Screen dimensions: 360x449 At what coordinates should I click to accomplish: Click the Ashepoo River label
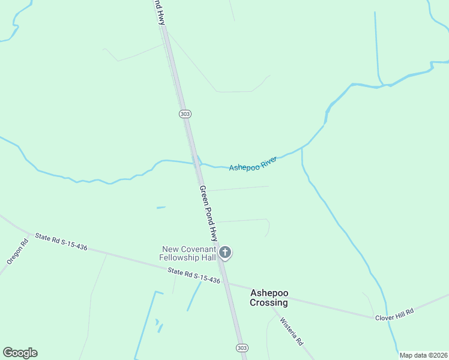pos(253,163)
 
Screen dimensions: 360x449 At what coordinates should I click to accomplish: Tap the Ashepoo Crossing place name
pos(269,298)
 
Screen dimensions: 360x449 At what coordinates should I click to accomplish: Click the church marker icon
pos(225,253)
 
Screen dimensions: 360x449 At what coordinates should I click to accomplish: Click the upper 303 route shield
pos(184,113)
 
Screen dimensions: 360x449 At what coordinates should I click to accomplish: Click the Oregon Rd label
pos(17,253)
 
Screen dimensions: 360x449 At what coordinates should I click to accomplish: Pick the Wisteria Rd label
pos(292,331)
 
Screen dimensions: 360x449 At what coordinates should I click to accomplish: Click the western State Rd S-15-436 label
pos(61,242)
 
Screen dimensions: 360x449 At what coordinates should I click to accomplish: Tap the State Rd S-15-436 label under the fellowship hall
pos(194,276)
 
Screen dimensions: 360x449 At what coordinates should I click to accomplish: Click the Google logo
pos(20,353)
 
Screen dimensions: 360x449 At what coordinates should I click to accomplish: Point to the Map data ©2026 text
pos(423,355)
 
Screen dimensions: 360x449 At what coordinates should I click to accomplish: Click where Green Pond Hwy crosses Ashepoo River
pos(197,162)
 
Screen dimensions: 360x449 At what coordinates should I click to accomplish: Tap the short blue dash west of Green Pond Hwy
pos(161,208)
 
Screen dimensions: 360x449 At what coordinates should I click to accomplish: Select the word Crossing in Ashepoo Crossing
pos(269,302)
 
